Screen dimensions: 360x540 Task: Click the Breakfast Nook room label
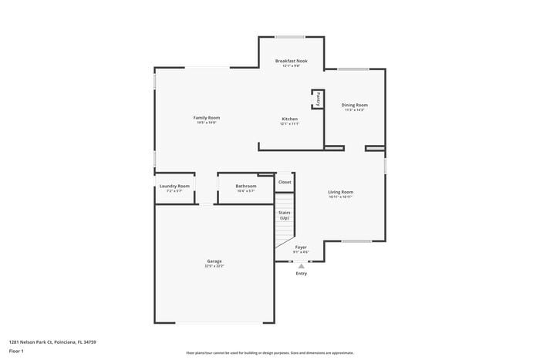point(290,61)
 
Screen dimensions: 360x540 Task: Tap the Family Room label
point(206,117)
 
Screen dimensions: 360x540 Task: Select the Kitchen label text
point(289,119)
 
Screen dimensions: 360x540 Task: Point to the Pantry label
point(316,99)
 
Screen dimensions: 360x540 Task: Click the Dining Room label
point(355,105)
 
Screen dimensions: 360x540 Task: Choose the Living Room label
point(340,192)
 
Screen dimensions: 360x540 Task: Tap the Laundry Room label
point(174,186)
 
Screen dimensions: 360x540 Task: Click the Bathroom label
point(246,186)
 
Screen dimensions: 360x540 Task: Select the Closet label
point(285,182)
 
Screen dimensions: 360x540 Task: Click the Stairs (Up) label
point(285,215)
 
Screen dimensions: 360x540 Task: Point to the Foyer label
point(301,247)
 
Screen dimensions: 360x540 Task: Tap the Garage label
point(214,261)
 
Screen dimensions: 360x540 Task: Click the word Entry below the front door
point(301,274)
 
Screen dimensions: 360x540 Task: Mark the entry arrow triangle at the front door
point(301,267)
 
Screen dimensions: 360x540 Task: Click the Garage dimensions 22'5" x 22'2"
point(214,266)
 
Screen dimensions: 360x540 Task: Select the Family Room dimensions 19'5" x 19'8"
point(206,122)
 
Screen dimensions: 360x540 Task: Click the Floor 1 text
point(16,352)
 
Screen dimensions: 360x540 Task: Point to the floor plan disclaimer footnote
point(269,352)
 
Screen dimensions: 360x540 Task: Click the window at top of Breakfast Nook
point(290,37)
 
